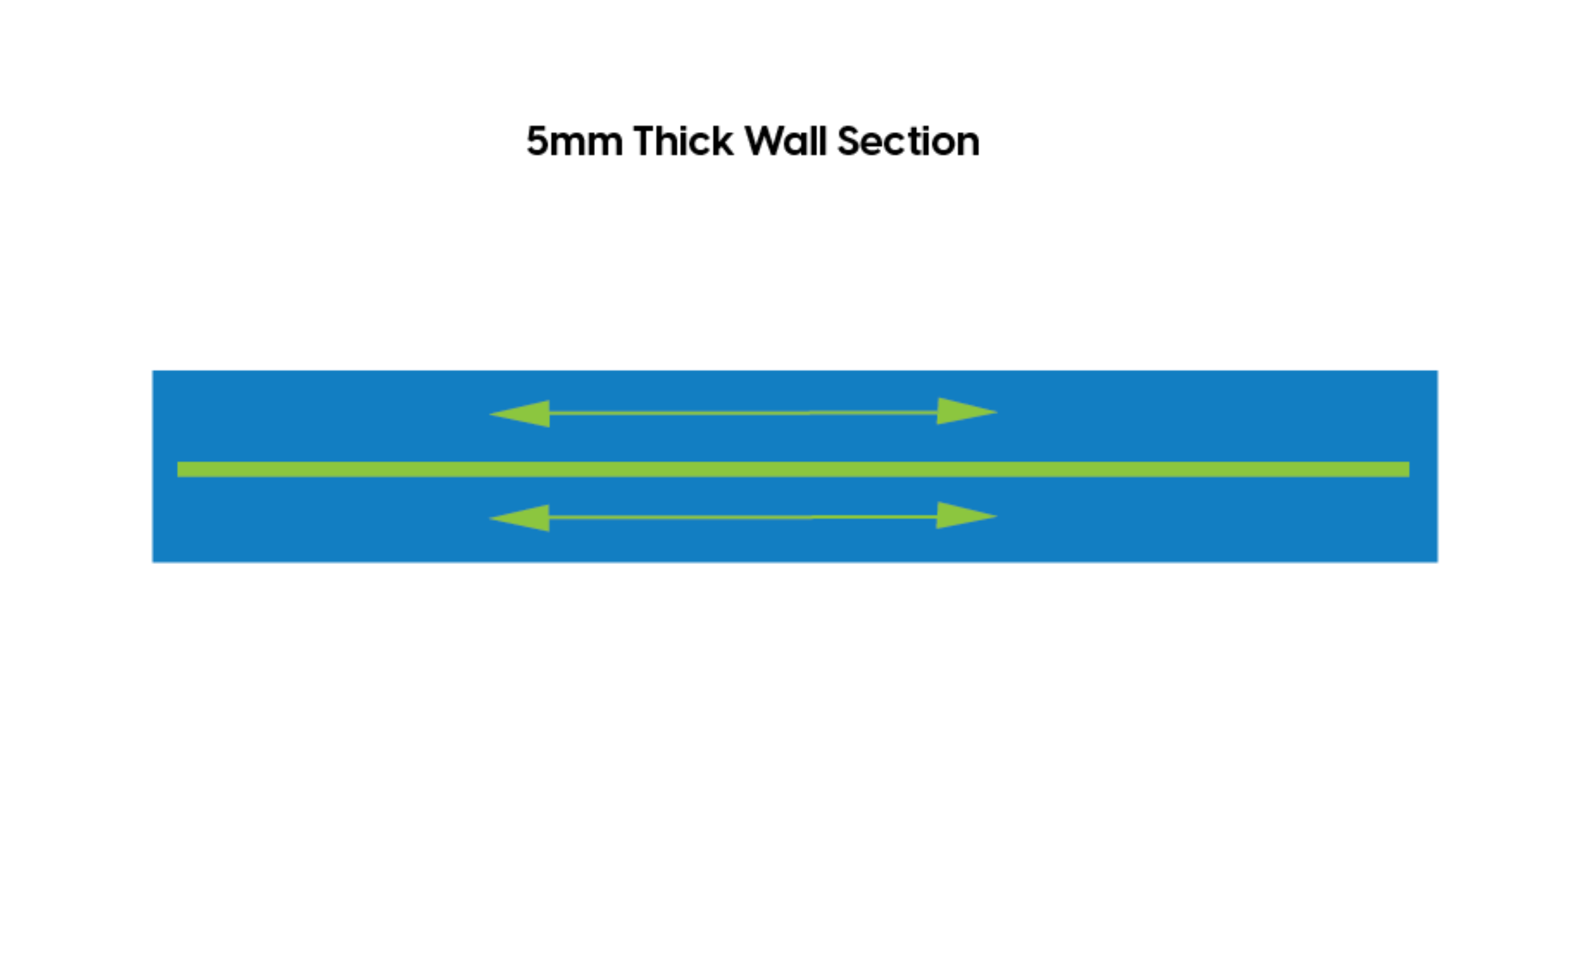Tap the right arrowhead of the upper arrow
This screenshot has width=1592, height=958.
(962, 411)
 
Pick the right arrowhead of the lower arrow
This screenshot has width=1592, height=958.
(962, 515)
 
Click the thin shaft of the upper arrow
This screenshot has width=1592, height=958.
(743, 413)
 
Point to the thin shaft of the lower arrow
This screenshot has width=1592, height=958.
(743, 517)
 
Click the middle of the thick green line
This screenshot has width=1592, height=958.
(793, 469)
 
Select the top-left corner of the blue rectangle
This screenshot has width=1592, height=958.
(152, 371)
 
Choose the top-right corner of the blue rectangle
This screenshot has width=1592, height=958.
(1438, 371)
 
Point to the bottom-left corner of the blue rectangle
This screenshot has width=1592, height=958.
(152, 563)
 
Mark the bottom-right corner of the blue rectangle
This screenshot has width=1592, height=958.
(1438, 563)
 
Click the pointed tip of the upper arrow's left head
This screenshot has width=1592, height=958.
(491, 414)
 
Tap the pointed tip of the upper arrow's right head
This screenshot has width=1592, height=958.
(996, 412)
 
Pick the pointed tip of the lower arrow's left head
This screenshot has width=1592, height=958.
(491, 518)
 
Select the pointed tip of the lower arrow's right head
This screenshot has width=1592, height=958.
(996, 515)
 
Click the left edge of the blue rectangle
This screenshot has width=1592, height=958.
(152, 466)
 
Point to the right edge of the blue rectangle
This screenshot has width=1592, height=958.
(1438, 466)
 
